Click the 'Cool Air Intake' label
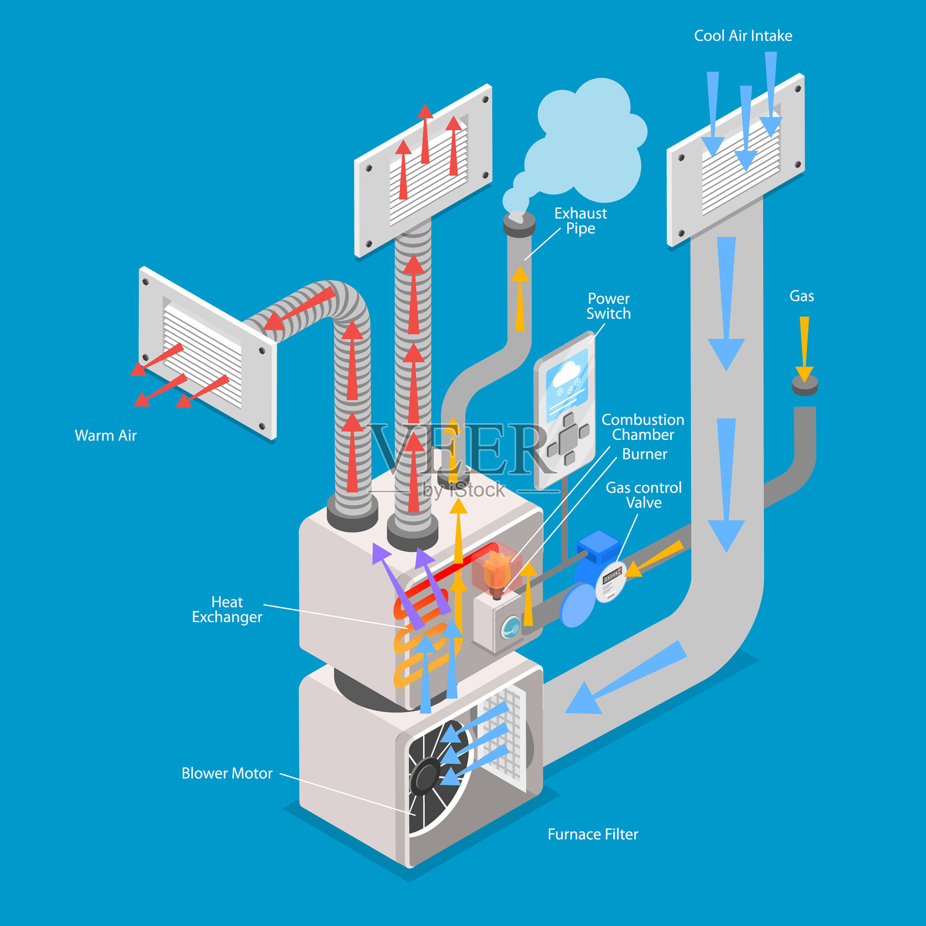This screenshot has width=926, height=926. [x=743, y=36]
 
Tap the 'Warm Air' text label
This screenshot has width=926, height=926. [x=105, y=435]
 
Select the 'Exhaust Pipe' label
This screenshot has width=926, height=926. [x=580, y=221]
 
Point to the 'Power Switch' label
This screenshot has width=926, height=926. [x=608, y=306]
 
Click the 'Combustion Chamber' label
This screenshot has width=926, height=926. [x=642, y=427]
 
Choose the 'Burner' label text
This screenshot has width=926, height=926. [x=644, y=454]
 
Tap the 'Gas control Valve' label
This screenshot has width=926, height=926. [x=644, y=495]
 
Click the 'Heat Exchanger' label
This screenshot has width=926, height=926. [x=227, y=609]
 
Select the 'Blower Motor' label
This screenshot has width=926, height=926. [x=227, y=773]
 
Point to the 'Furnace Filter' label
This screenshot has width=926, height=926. [x=593, y=834]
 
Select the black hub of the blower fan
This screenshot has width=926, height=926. [x=427, y=776]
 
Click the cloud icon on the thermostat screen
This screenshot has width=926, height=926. [x=567, y=373]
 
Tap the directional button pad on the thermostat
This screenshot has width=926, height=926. [x=568, y=438]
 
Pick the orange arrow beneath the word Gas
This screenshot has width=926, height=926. [x=804, y=347]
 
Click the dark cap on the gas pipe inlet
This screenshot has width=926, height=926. [x=804, y=384]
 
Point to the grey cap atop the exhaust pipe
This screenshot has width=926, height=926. [x=519, y=223]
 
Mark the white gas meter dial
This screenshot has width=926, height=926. [x=611, y=580]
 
